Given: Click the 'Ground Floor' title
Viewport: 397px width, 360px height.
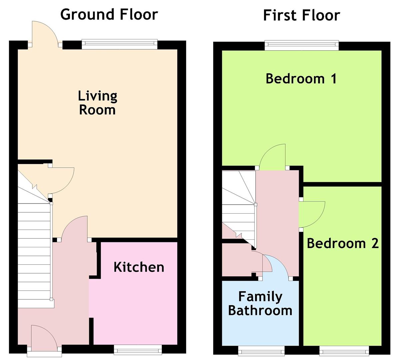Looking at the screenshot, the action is point(109,15).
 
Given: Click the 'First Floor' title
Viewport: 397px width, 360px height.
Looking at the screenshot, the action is point(301,15).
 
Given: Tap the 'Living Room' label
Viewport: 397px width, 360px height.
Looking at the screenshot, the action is point(98,103).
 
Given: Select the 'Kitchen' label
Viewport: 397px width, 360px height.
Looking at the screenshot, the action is point(139,267).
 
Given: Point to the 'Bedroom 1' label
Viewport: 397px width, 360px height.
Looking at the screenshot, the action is point(301,79).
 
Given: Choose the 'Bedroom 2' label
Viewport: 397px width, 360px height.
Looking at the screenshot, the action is point(343,243).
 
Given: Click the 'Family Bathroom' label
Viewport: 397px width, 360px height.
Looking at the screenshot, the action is point(260,304).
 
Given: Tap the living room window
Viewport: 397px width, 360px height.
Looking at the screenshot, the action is point(120,44).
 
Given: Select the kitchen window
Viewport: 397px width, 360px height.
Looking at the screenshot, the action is point(138,350).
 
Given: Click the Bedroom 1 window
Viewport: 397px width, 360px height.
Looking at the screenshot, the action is point(302,45).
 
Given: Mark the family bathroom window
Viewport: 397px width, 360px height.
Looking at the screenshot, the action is point(261,351).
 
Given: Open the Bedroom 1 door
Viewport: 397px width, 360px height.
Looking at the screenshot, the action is point(272,157).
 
